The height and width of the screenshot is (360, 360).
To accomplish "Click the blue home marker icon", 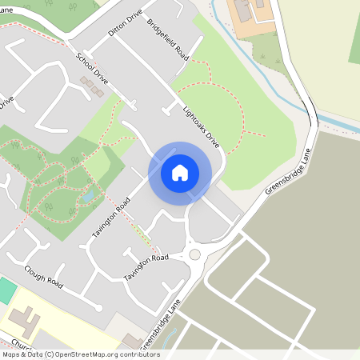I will coord(180,173).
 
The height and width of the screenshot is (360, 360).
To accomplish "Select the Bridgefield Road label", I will coord(167,39).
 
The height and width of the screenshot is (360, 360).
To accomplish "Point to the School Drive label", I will coord(92,70).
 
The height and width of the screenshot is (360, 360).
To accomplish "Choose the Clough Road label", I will coord(43,276).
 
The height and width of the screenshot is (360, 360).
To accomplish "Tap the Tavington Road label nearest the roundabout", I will coord(146,267).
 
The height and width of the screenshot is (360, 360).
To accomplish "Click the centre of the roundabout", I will coord(194,254).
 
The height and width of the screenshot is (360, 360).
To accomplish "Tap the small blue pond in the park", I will coord(87,194).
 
